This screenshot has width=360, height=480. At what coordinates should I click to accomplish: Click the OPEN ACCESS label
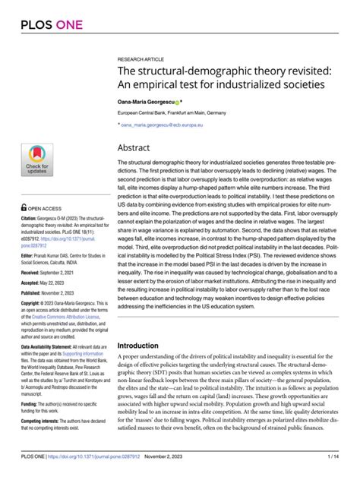pos(46,207)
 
